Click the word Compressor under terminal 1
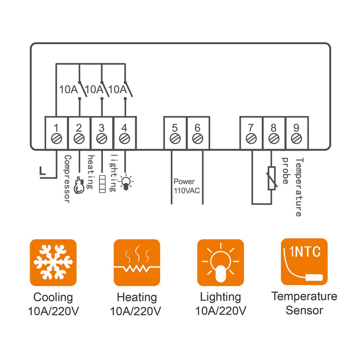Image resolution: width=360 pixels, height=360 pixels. (66, 177)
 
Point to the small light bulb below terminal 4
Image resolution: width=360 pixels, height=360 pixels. (125, 182)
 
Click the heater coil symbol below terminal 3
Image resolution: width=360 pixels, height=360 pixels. (102, 184)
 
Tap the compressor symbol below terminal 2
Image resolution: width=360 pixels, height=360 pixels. (79, 185)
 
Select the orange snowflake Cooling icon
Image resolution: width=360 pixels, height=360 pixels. (53, 262)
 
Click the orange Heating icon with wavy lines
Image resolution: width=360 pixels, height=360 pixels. (136, 262)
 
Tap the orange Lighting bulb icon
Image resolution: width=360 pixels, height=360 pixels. (220, 262)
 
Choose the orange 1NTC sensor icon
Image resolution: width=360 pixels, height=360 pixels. (304, 262)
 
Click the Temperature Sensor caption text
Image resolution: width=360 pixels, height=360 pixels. (304, 303)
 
